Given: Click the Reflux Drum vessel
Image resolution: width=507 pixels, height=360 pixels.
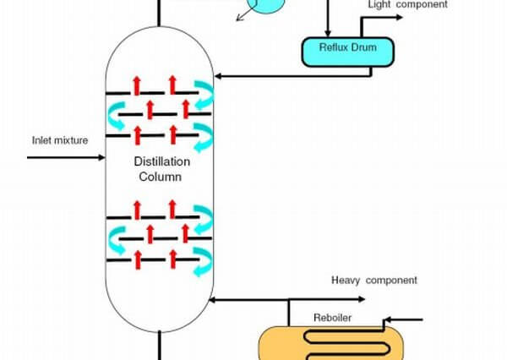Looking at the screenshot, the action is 348,52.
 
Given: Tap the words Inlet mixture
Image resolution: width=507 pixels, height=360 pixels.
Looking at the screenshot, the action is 60,140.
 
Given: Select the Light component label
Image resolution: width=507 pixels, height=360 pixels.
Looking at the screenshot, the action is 408,4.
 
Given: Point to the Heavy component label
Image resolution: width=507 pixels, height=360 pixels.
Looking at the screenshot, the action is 374,280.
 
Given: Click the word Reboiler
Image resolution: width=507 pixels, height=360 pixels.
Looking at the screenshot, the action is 332,318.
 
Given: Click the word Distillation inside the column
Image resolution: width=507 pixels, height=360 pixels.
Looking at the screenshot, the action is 162,161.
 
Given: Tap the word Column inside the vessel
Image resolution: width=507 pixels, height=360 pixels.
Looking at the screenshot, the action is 161,177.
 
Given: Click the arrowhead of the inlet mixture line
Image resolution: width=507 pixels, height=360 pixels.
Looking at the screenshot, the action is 102,157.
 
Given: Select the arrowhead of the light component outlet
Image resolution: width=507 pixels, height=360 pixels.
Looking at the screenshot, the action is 400,17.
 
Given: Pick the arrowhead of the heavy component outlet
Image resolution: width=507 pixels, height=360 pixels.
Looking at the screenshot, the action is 362,299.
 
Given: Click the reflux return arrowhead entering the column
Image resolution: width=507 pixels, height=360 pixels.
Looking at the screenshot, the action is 218,76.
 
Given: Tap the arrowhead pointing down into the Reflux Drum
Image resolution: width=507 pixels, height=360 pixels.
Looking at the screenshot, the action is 328,33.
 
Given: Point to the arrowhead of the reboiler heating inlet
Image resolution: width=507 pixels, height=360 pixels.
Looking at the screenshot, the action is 387,320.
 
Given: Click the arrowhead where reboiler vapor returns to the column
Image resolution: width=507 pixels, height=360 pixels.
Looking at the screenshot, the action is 213,300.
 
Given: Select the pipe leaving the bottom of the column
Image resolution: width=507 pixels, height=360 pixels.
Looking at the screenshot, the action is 159,346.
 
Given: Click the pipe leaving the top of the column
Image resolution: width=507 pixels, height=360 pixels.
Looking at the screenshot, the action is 159,13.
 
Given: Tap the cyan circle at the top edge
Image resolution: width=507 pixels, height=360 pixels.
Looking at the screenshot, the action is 266,5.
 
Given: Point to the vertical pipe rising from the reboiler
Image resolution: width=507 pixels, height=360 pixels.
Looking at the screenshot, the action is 289,313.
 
